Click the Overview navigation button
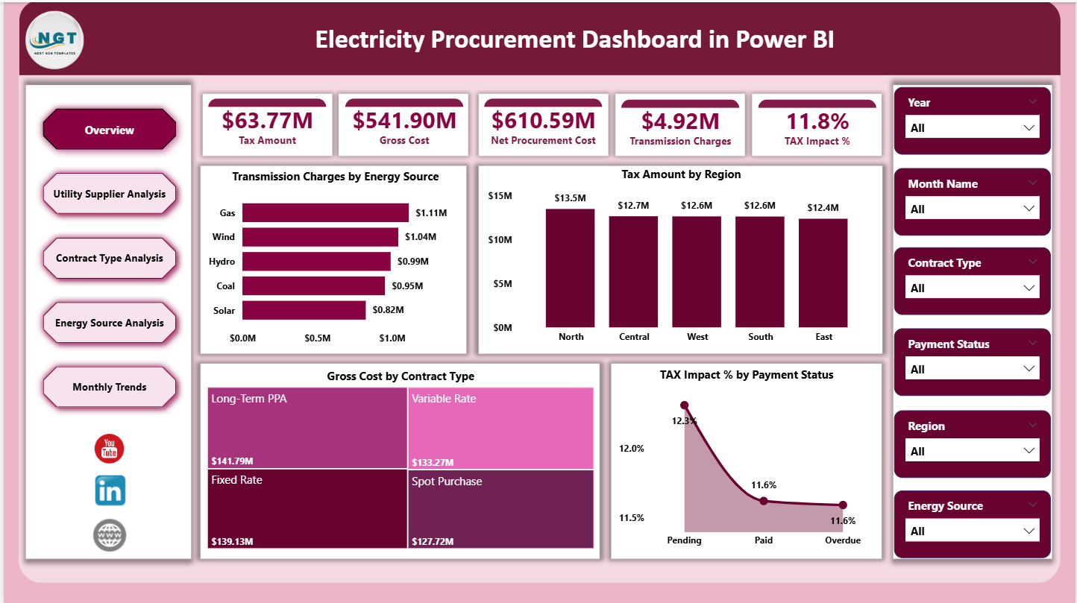click(110, 130)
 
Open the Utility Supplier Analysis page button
click(110, 194)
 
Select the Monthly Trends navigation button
click(110, 387)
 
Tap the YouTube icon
click(110, 449)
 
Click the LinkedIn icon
click(110, 490)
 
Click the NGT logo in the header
click(54, 39)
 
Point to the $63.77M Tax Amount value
click(267, 121)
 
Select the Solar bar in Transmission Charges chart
click(304, 310)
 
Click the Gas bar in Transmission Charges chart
click(325, 212)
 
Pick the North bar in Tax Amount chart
click(571, 268)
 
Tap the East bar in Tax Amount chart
click(823, 272)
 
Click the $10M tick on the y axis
click(500, 239)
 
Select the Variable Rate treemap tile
click(500, 428)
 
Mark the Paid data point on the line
click(763, 501)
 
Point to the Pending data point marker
click(685, 405)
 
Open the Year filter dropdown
click(972, 127)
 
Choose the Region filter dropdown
click(972, 451)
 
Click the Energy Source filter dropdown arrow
click(1029, 531)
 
